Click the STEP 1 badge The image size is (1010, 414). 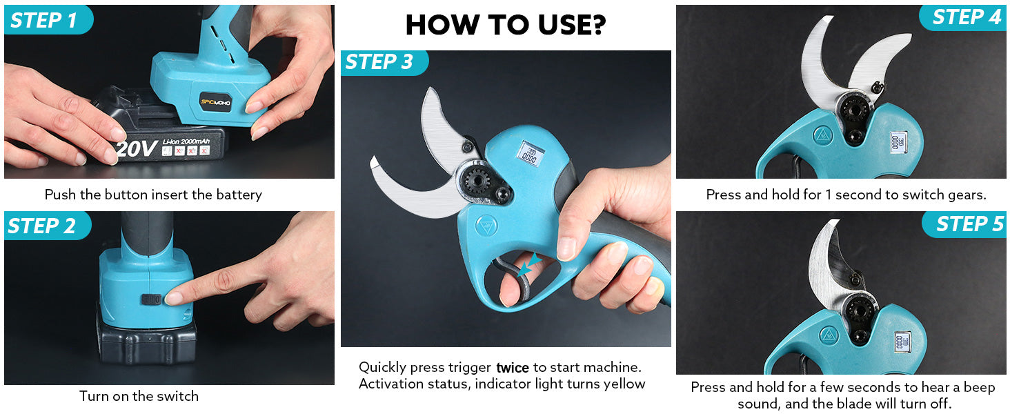(48, 20)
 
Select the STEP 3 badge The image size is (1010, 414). (384, 62)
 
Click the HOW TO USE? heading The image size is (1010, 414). (506, 25)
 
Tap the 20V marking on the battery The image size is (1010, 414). (137, 149)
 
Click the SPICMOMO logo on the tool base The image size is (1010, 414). (215, 102)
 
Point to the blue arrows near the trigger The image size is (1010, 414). (528, 265)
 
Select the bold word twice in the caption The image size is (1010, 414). (512, 368)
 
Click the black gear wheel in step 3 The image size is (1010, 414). (477, 181)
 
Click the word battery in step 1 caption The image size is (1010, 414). (239, 195)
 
